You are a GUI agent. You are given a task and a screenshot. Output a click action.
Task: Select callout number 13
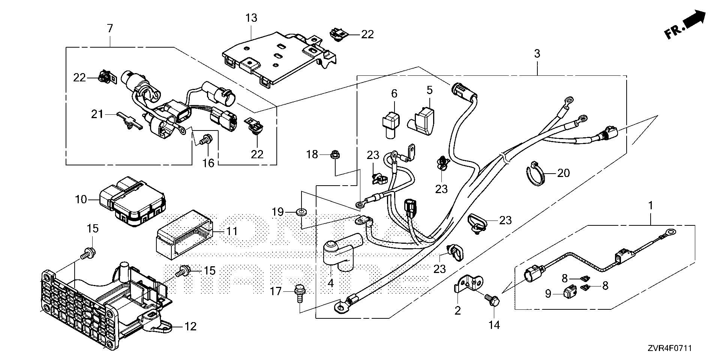[x=252, y=18]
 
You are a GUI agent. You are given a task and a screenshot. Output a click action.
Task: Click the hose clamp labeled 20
[x=537, y=172]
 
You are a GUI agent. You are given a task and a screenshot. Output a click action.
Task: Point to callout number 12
[x=190, y=326]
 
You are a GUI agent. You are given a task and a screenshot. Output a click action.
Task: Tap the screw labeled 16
[x=205, y=140]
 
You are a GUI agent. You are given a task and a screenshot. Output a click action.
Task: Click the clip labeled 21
[x=128, y=121]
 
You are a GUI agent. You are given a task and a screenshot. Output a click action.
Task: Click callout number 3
[x=537, y=54]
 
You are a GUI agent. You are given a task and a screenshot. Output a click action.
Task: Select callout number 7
[x=109, y=28]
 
